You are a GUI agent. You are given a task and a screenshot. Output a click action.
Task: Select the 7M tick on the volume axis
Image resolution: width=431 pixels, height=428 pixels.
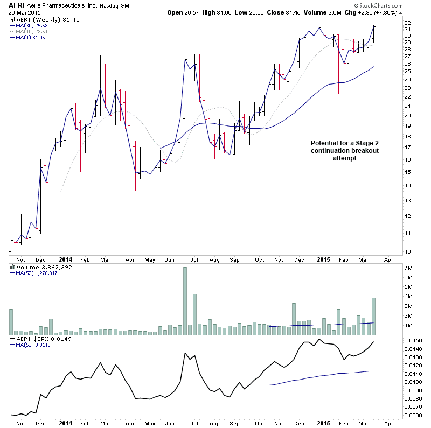409,268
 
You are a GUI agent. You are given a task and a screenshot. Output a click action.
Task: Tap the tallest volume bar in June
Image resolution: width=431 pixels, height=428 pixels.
185,300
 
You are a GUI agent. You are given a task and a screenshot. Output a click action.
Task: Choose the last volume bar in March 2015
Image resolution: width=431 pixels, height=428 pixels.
373,316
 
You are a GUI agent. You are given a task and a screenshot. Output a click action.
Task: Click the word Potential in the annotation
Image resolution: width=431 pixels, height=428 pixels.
325,143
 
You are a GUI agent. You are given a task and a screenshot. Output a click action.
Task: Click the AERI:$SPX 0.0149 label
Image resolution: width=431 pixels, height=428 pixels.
37,338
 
